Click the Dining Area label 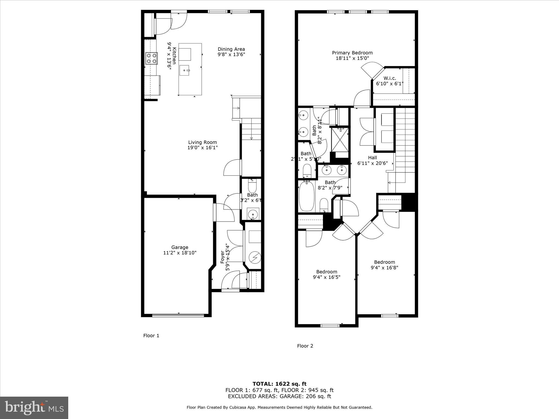tap(231, 49)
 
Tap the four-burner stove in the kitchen tap(151, 58)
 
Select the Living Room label tap(202, 142)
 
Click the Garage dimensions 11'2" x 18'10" tap(180, 253)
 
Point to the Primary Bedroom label tap(352, 53)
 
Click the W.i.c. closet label tap(389, 78)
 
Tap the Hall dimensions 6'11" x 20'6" tap(372, 163)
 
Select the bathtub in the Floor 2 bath tap(307, 196)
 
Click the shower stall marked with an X tap(340, 139)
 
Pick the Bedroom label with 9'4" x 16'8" tap(384, 262)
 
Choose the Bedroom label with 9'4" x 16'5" tap(326, 272)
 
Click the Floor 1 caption tap(151, 336)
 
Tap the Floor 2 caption tap(305, 346)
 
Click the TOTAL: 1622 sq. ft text tap(279, 384)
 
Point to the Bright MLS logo tap(34, 408)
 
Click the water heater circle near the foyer tap(255, 257)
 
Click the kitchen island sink tap(185, 70)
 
